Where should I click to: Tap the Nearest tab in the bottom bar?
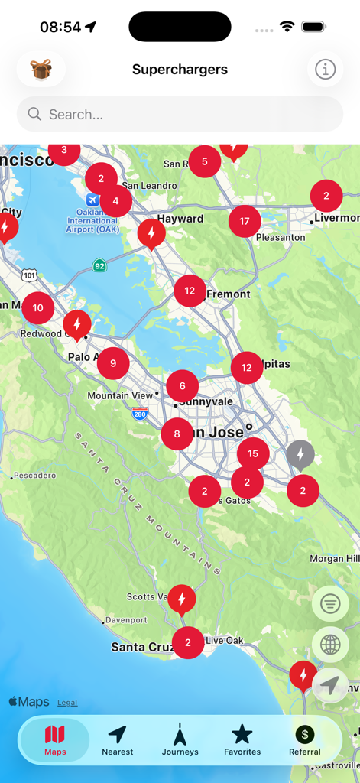117,741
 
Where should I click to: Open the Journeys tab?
180,741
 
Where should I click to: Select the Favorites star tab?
242,741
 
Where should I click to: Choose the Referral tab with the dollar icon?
305,741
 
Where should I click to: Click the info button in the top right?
325,70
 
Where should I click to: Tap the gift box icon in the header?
41,70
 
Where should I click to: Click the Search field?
180,115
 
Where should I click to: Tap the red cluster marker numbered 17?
245,222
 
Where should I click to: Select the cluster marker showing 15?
253,454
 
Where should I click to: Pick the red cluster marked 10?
38,308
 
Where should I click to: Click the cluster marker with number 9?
113,363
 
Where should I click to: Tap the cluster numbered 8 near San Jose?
177,434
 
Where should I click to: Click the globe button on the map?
330,645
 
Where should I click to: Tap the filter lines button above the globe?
330,605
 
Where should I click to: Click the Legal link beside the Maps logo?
67,703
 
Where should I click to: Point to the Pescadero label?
35,476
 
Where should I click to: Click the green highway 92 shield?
99,265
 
